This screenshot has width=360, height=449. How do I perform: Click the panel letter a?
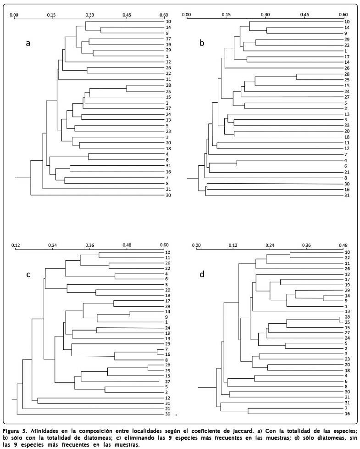28,44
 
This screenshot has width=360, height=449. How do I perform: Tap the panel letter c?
28,275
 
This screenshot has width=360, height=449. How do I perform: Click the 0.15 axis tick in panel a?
51,15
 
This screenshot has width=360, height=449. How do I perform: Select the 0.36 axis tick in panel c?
89,245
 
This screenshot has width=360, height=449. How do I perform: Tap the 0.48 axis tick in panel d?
343,245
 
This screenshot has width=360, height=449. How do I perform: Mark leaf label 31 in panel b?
347,195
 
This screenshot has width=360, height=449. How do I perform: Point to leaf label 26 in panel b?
347,68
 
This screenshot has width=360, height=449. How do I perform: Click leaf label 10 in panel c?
168,253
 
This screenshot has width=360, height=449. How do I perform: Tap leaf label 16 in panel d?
347,414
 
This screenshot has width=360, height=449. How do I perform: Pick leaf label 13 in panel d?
347,311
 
